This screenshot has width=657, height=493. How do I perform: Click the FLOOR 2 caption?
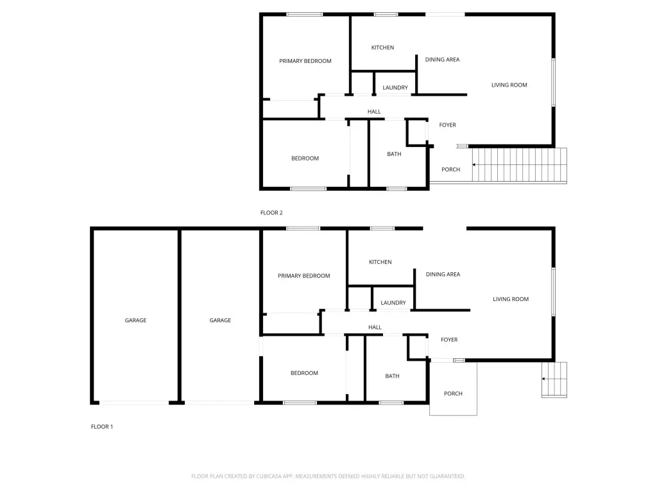click(x=271, y=212)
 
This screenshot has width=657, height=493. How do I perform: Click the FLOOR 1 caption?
click(x=102, y=426)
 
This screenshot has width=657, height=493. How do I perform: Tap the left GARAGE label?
click(x=135, y=320)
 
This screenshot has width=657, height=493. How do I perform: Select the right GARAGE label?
click(x=220, y=320)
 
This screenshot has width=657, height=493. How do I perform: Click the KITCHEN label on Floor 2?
click(x=382, y=48)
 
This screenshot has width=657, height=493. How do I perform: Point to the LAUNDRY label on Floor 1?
click(x=393, y=303)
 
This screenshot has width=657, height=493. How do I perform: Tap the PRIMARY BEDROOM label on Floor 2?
click(x=305, y=61)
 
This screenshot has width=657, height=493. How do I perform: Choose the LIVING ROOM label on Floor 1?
click(x=511, y=299)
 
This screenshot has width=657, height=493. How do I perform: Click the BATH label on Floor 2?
click(x=394, y=154)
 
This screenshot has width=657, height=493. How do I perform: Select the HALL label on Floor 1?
click(x=375, y=327)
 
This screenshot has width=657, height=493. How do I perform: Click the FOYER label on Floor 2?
click(x=447, y=125)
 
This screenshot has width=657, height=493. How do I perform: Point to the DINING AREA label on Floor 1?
click(x=443, y=274)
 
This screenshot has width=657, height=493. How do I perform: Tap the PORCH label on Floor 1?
click(x=453, y=394)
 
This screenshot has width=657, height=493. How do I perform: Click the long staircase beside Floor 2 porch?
click(x=520, y=165)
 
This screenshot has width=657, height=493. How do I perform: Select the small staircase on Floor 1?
click(x=554, y=379)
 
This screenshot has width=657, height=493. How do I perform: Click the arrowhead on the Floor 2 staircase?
click(x=474, y=165)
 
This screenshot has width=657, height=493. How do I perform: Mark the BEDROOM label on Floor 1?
click(x=304, y=373)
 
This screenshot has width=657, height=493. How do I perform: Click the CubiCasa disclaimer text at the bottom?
click(x=328, y=476)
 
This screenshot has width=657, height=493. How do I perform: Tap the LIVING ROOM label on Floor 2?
click(x=509, y=85)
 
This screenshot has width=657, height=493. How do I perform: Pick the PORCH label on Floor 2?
click(x=451, y=169)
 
